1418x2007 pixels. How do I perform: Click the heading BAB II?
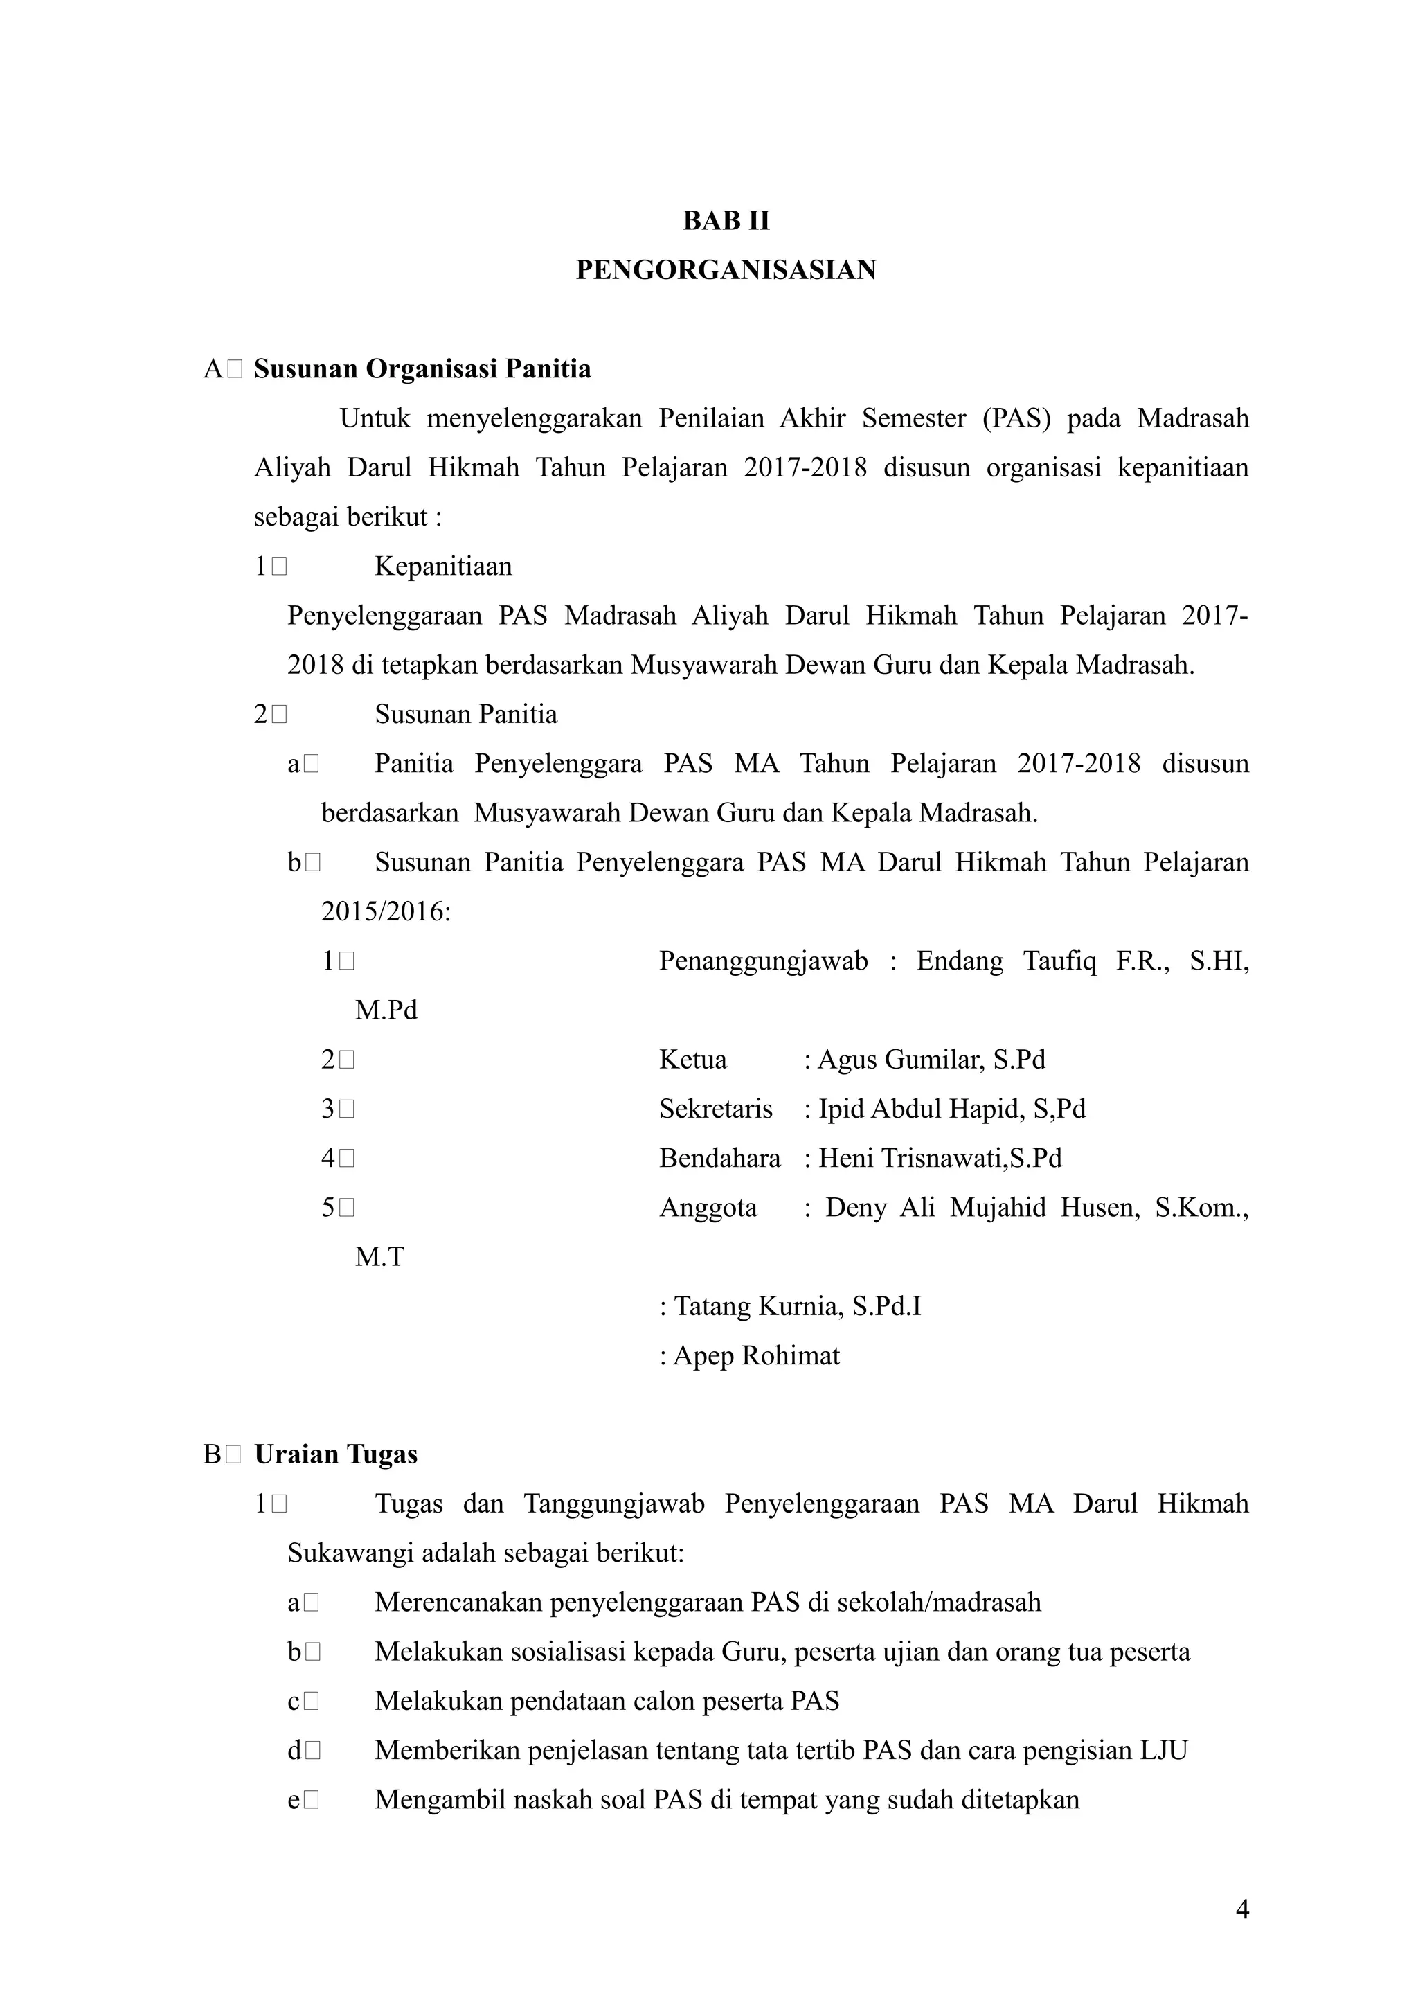click(726, 221)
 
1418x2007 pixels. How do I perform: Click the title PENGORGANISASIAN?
click(726, 270)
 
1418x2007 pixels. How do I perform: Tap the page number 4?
click(1241, 1909)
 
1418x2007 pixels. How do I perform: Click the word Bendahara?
click(720, 1158)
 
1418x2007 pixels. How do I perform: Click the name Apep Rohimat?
click(756, 1356)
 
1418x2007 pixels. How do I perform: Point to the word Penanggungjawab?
click(764, 961)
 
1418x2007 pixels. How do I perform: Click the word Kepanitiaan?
click(443, 567)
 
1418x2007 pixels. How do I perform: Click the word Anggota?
click(708, 1207)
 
